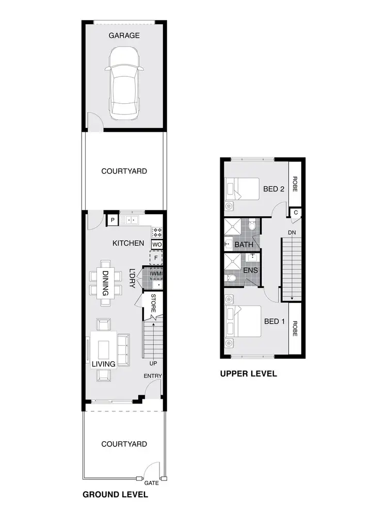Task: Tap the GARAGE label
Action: tap(124, 36)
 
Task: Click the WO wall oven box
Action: tap(157, 244)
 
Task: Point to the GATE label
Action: tap(152, 483)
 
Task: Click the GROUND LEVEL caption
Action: tap(116, 494)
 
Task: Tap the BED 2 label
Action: tap(275, 189)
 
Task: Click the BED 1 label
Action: tap(275, 321)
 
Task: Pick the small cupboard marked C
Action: tap(296, 212)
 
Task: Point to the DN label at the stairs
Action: tap(292, 233)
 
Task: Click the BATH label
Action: tap(244, 244)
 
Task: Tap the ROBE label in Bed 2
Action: tap(295, 184)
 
